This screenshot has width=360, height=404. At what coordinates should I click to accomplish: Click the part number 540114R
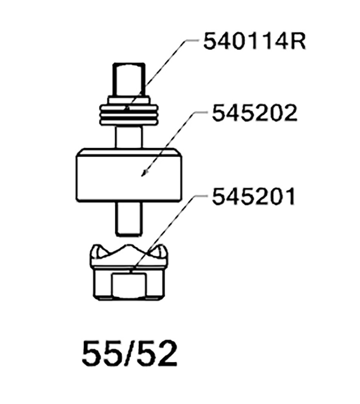click(x=254, y=41)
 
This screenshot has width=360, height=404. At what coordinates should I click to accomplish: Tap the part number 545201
click(x=253, y=197)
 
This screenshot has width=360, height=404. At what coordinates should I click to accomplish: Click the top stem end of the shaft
click(x=129, y=80)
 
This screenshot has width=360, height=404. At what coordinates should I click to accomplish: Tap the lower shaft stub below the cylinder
click(x=129, y=218)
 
